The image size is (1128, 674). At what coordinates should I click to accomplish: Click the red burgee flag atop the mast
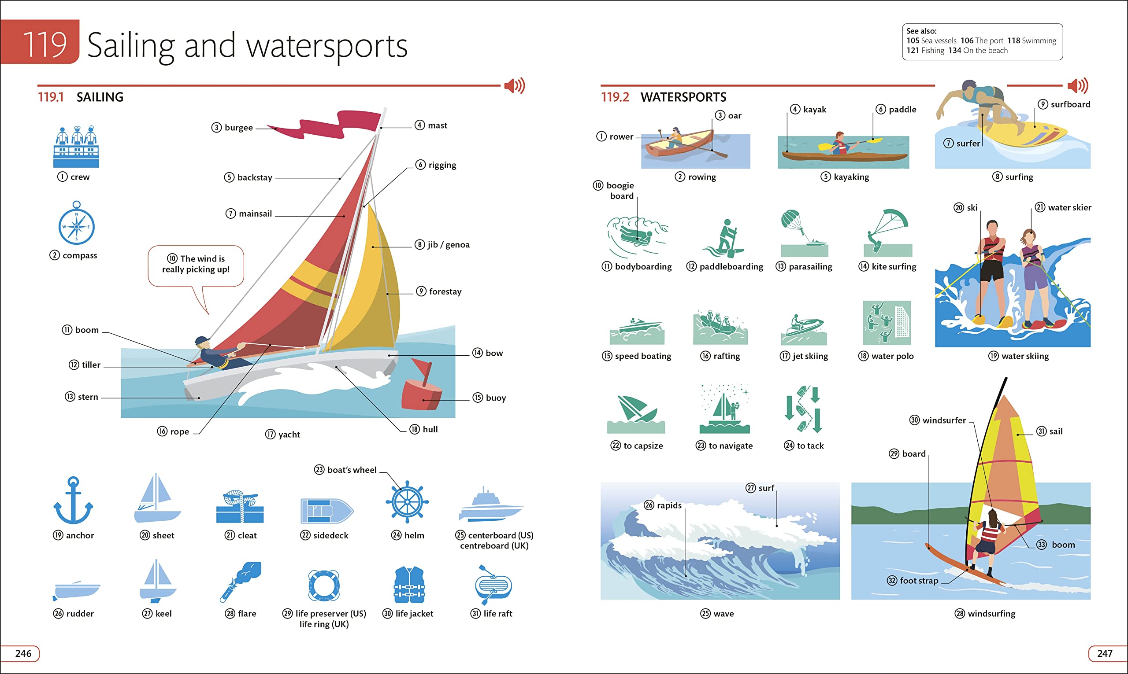coord(336,125)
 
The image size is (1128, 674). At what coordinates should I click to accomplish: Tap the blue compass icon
coord(76,226)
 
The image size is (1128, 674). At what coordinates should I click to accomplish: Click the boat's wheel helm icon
coord(407,502)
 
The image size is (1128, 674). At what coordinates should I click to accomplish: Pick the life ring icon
coord(323,586)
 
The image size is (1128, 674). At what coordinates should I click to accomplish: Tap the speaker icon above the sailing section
coord(515,85)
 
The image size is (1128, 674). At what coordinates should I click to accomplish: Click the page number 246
coord(23,654)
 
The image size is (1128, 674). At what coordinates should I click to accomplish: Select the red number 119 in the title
coord(44,44)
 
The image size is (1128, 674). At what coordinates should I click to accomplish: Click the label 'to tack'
coord(810,446)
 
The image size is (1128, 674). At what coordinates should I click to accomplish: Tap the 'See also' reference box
coord(982,41)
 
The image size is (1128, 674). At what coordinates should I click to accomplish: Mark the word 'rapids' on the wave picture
coord(669,505)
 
